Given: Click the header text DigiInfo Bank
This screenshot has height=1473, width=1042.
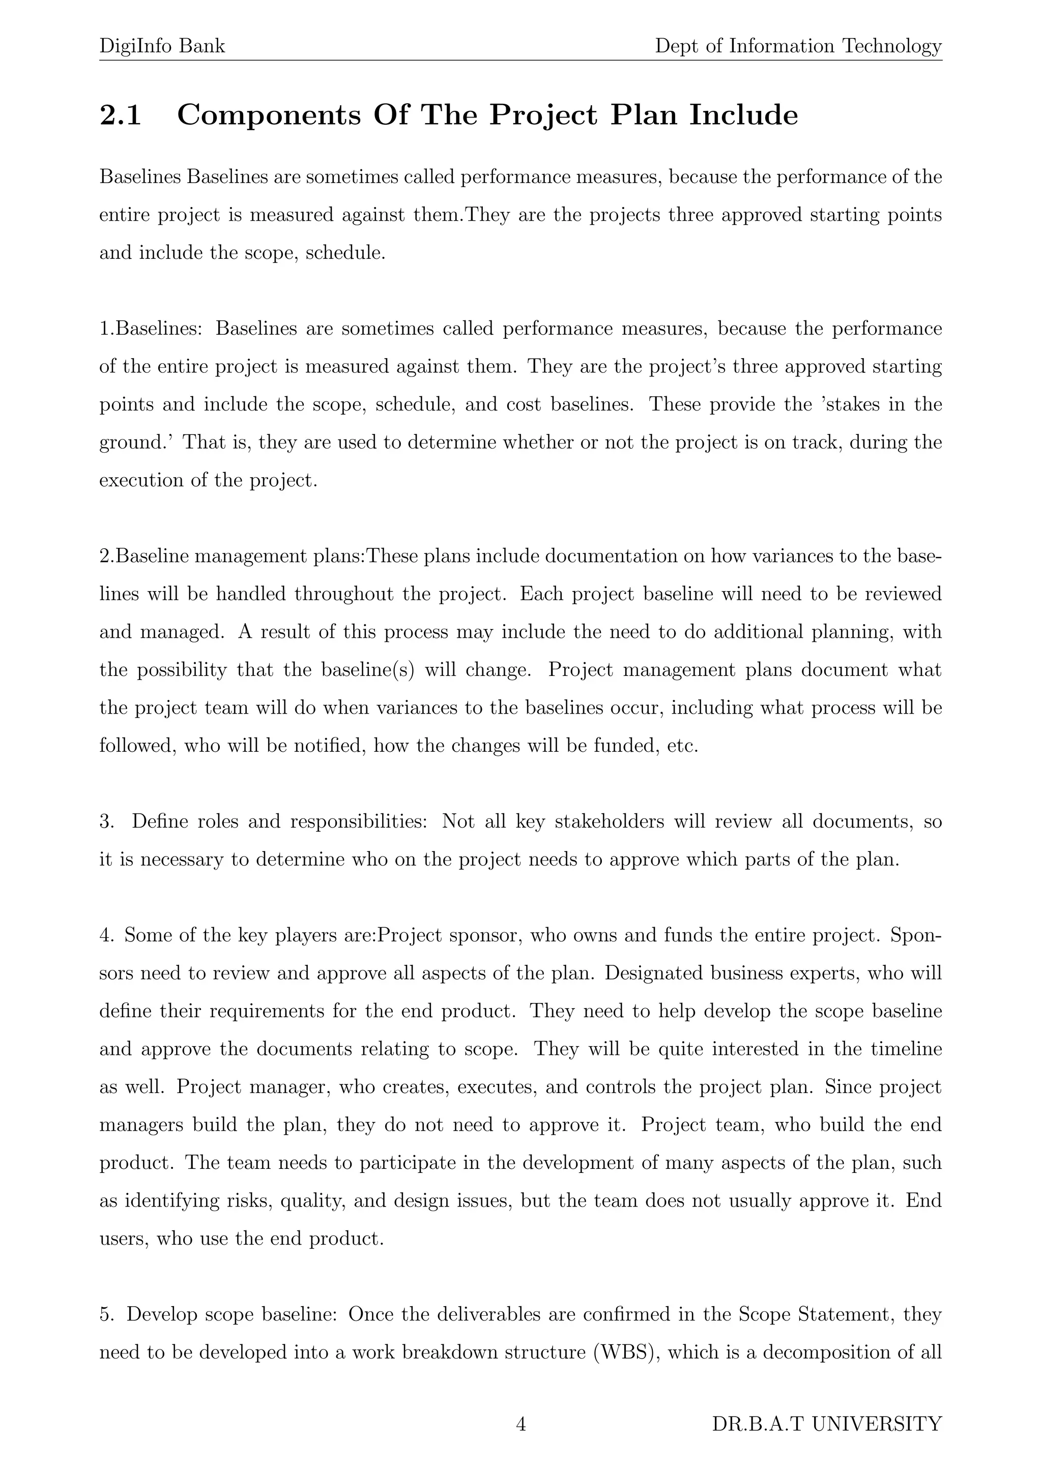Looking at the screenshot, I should pyautogui.click(x=162, y=46).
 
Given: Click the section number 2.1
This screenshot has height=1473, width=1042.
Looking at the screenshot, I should pyautogui.click(x=120, y=115).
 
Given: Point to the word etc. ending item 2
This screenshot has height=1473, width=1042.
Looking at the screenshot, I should pyautogui.click(x=682, y=746).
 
